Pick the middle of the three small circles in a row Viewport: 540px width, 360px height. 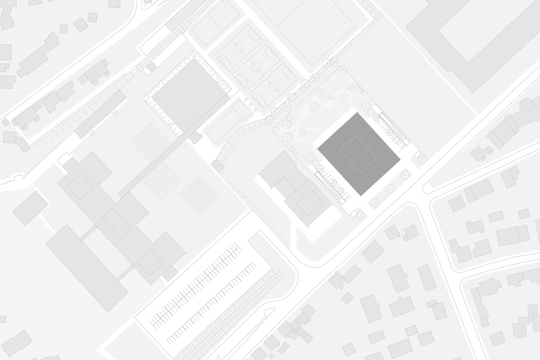(250, 105)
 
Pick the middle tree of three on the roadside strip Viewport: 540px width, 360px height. (389, 189)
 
